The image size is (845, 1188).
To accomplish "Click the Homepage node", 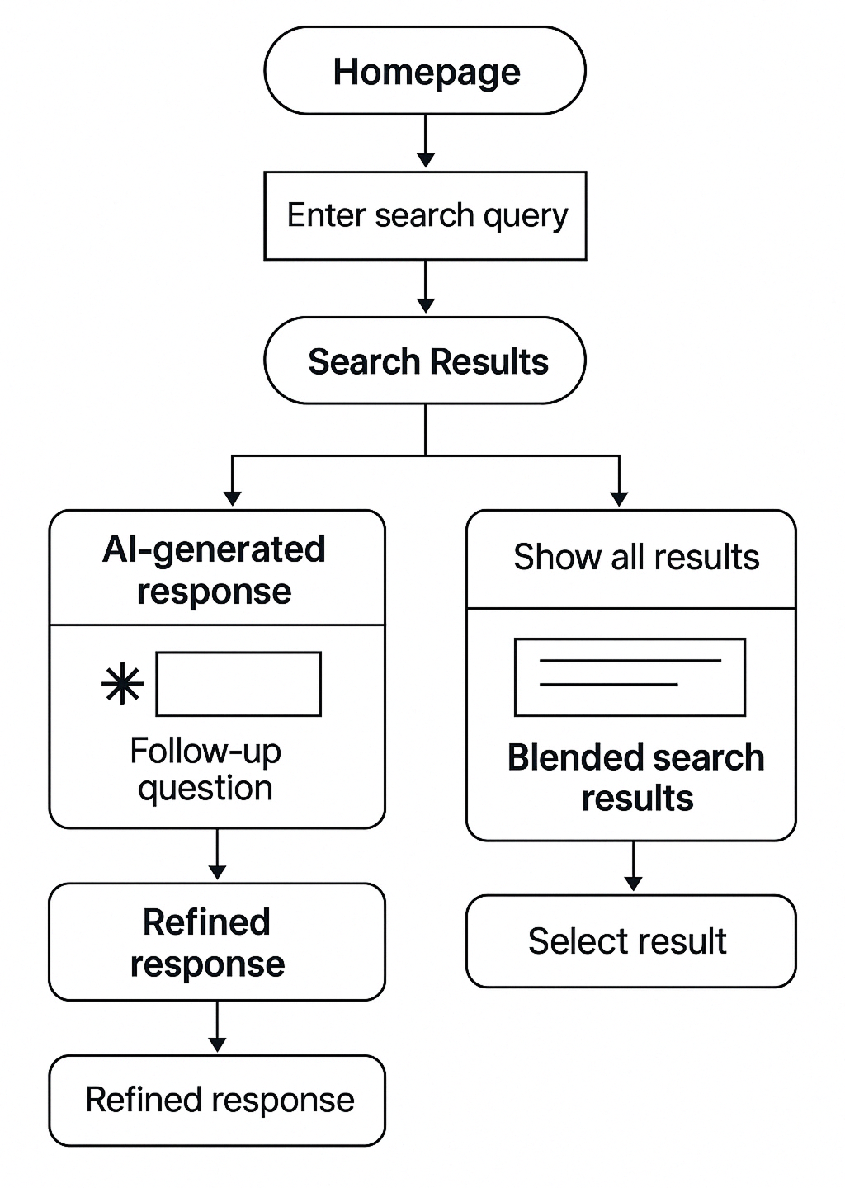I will (425, 72).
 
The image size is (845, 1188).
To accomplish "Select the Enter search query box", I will (425, 216).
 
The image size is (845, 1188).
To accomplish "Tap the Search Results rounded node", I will (425, 361).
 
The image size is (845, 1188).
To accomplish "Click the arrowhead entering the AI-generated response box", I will (233, 497).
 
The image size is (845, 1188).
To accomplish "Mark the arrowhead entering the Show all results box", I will (619, 497).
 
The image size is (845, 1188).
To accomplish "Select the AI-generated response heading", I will (215, 570).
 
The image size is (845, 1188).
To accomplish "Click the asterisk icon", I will (122, 685).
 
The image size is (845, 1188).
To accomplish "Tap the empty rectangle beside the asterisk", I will (238, 685).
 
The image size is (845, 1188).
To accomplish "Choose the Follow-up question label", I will (205, 769).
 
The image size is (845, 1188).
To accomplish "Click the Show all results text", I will (636, 558).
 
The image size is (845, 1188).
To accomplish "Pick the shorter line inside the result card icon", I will (608, 685).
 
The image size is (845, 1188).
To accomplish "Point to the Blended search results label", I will (636, 778).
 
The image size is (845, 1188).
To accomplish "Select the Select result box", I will (631, 941).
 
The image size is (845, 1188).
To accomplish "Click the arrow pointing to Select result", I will (633, 867).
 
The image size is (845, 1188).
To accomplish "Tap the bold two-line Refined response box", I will (217, 942).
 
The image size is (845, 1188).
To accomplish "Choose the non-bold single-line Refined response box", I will (217, 1101).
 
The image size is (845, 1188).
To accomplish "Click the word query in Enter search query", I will (526, 216).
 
